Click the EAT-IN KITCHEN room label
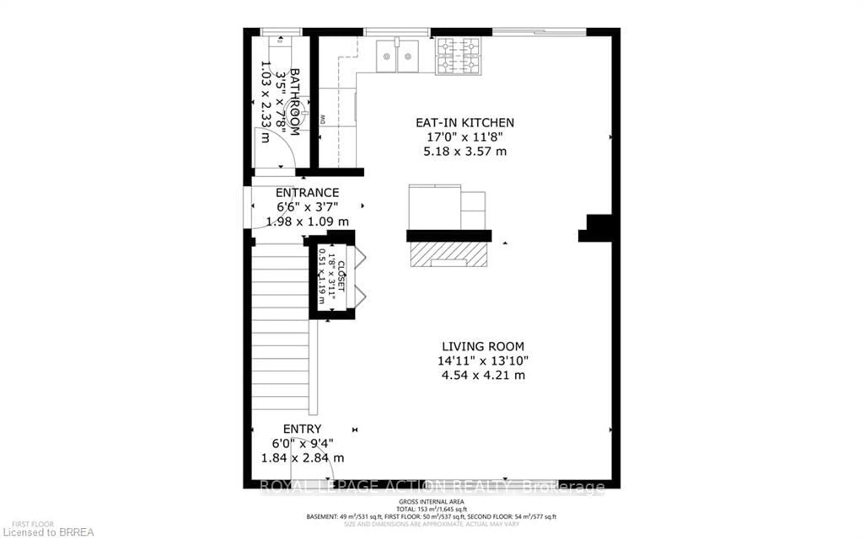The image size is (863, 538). (x=465, y=123)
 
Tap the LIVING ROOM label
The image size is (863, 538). (x=483, y=346)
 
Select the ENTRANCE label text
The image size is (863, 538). (x=307, y=193)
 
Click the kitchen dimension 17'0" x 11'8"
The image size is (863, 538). (x=465, y=137)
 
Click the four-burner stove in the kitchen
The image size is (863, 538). (x=458, y=56)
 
